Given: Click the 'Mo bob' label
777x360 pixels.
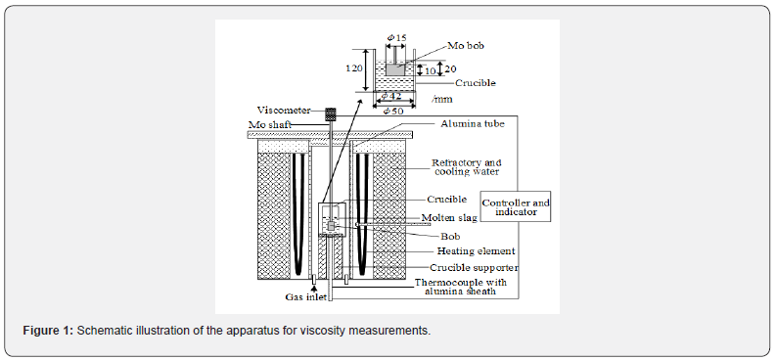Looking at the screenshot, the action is pyautogui.click(x=466, y=46).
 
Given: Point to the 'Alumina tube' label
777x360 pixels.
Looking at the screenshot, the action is pyautogui.click(x=473, y=124).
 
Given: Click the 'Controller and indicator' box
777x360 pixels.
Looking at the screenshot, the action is pyautogui.click(x=516, y=206).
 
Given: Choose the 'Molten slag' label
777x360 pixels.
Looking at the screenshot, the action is pyautogui.click(x=449, y=218).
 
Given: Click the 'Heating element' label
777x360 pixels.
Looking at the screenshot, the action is pyautogui.click(x=477, y=251).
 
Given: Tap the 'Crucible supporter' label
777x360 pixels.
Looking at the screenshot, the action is pyautogui.click(x=474, y=267).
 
